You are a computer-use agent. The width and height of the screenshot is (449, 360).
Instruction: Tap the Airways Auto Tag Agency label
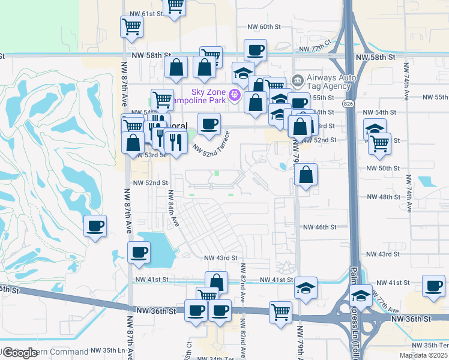coord(328,83)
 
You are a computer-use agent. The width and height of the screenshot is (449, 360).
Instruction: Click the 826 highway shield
coord(349,104)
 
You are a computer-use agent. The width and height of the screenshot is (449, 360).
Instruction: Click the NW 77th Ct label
coord(315,47)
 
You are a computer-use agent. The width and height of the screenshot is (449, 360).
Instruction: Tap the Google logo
coord(20,353)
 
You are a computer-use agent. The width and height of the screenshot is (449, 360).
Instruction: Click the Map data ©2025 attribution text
coord(424,355)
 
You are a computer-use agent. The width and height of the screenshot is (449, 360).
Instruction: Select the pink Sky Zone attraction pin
coord(235,95)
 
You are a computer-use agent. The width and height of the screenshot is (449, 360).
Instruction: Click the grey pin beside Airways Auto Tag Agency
coord(297,80)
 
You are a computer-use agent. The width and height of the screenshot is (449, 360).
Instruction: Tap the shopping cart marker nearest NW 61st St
coord(175,6)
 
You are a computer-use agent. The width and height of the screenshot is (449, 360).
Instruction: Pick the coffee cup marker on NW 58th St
coord(255,50)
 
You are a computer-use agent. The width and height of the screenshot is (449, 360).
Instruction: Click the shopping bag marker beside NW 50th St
coord(306,176)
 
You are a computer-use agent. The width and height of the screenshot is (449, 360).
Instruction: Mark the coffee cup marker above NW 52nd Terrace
coord(209,124)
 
